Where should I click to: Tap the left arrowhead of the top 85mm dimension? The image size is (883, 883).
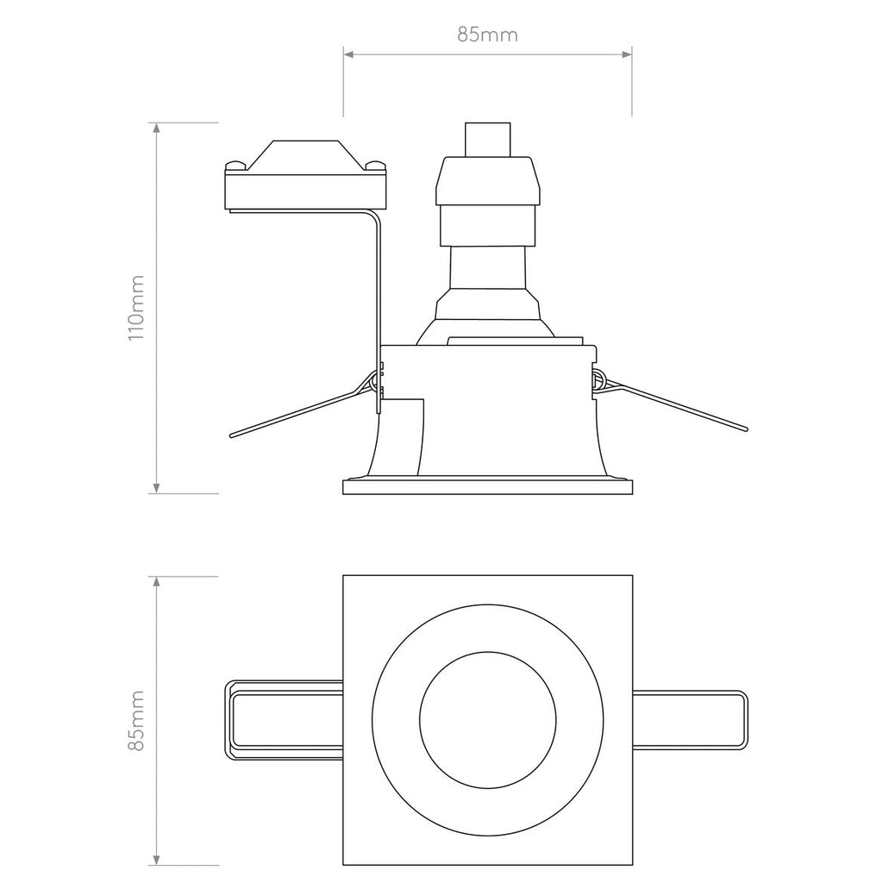(x=348, y=55)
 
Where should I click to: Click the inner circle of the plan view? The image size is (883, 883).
(x=487, y=720)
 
